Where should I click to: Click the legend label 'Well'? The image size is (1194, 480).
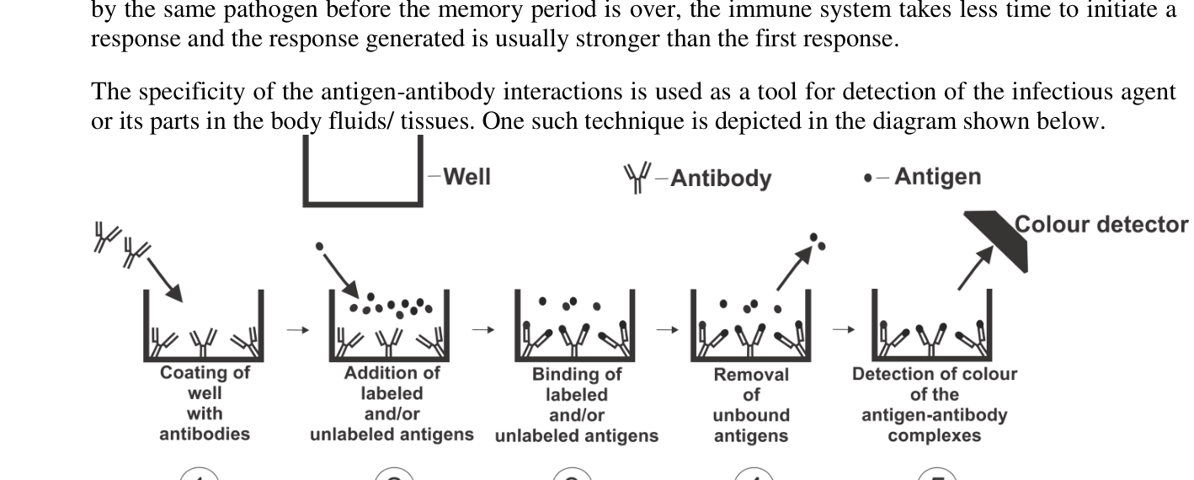click(x=467, y=177)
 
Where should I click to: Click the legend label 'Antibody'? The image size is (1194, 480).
click(x=721, y=179)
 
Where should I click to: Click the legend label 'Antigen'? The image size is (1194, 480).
click(x=938, y=177)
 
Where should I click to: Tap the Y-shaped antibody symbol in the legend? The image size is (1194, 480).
click(x=637, y=178)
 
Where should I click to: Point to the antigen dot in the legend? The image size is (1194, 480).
click(x=868, y=179)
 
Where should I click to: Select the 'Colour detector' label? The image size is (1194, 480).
click(x=1101, y=225)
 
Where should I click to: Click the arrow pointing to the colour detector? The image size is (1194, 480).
click(x=975, y=268)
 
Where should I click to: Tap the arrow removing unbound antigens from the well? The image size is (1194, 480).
click(x=794, y=269)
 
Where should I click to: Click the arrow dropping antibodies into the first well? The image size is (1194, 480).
click(x=165, y=280)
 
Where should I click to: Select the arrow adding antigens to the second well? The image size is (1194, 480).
click(x=341, y=275)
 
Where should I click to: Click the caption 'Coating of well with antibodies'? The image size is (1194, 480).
click(x=205, y=403)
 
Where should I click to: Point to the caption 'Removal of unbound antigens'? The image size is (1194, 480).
click(x=751, y=405)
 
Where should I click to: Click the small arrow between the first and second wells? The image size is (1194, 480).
click(x=298, y=330)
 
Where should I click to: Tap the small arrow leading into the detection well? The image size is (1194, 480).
click(x=843, y=330)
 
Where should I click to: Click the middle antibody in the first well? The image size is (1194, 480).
click(x=203, y=343)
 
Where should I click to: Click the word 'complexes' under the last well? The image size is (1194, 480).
click(x=935, y=435)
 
